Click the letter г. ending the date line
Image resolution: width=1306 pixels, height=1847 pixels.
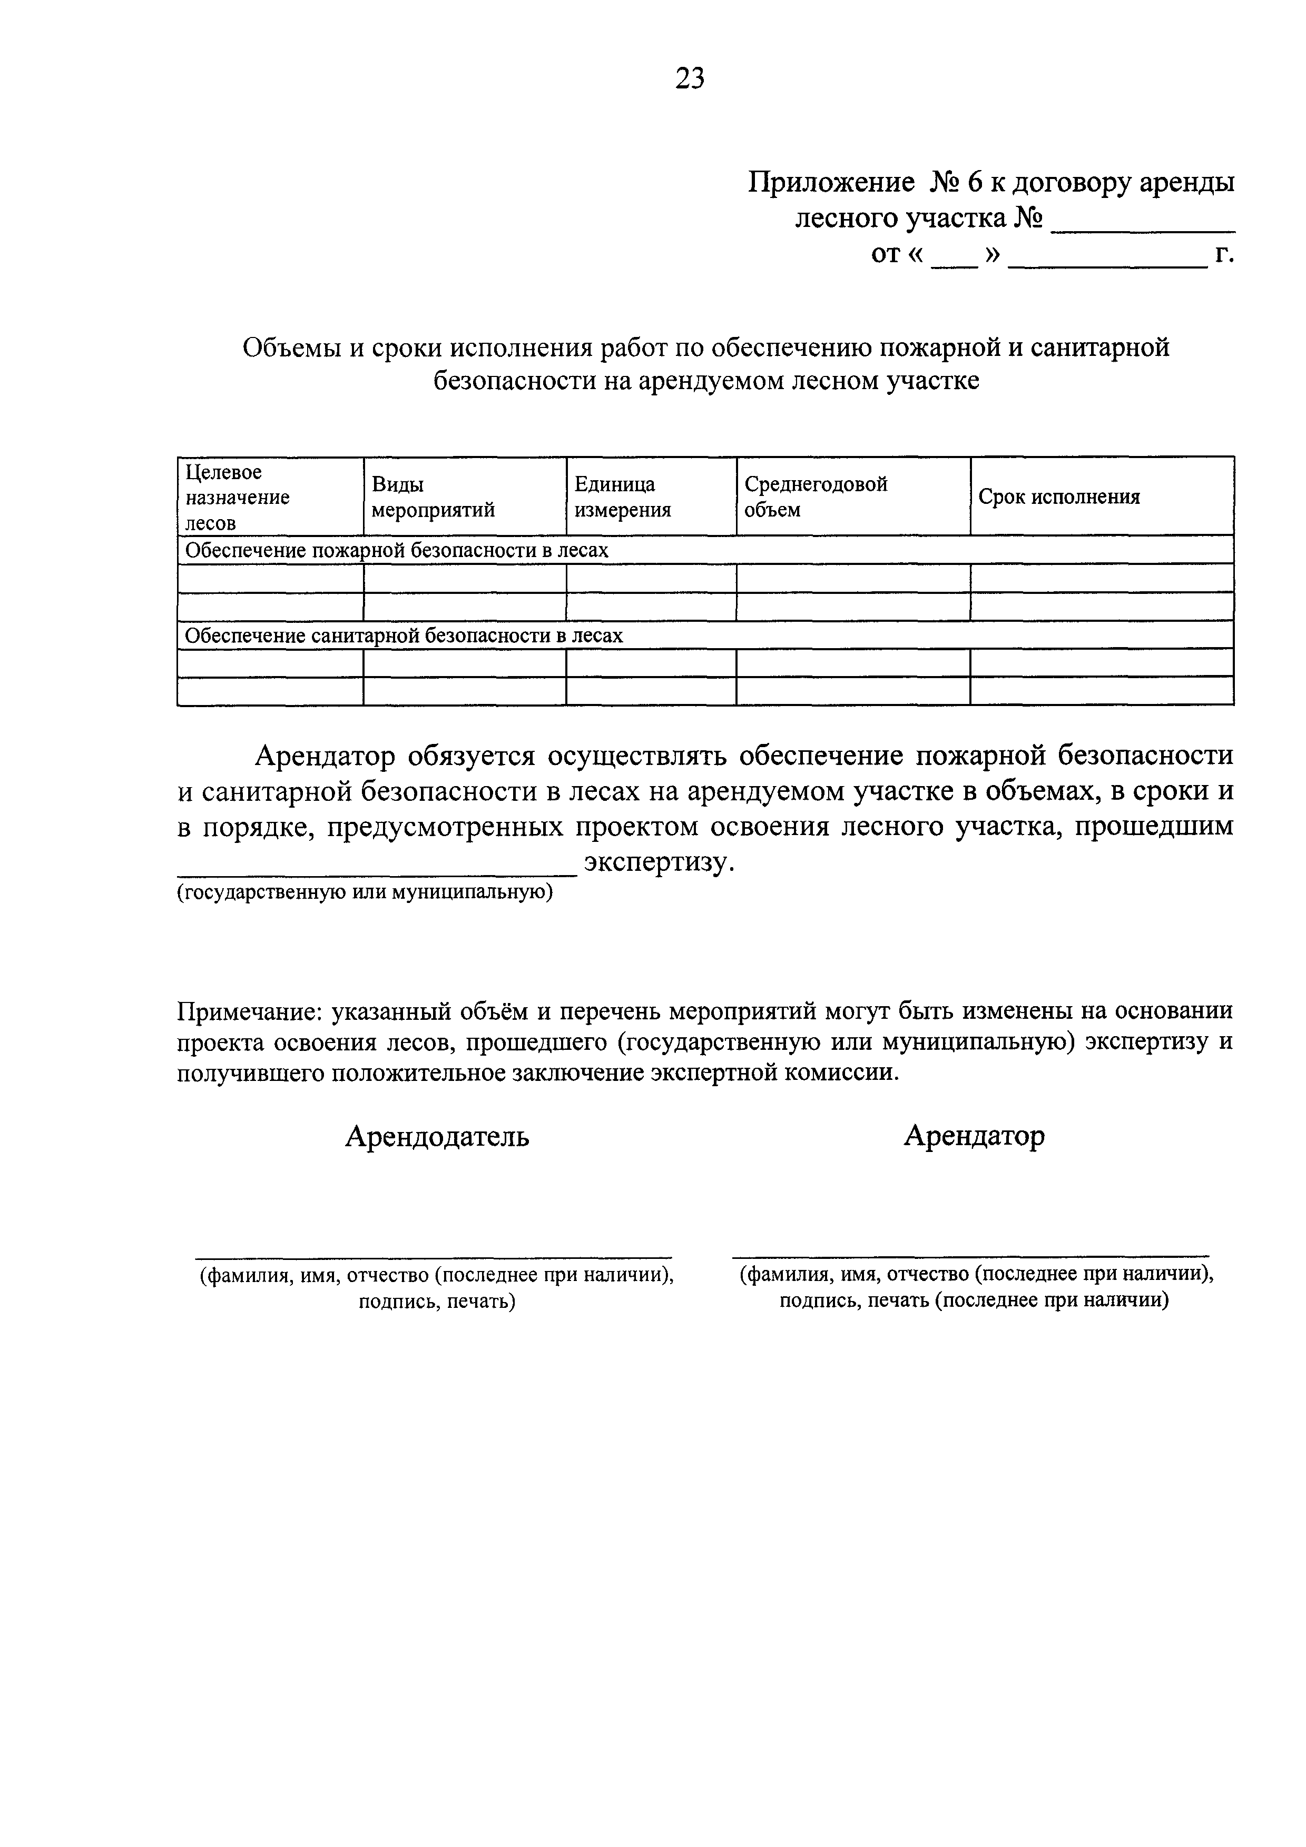click(x=1224, y=255)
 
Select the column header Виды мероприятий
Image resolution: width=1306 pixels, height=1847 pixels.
click(x=433, y=496)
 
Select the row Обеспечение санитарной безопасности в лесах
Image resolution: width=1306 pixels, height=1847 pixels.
click(x=404, y=635)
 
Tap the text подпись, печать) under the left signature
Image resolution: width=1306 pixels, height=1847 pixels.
click(x=436, y=1301)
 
